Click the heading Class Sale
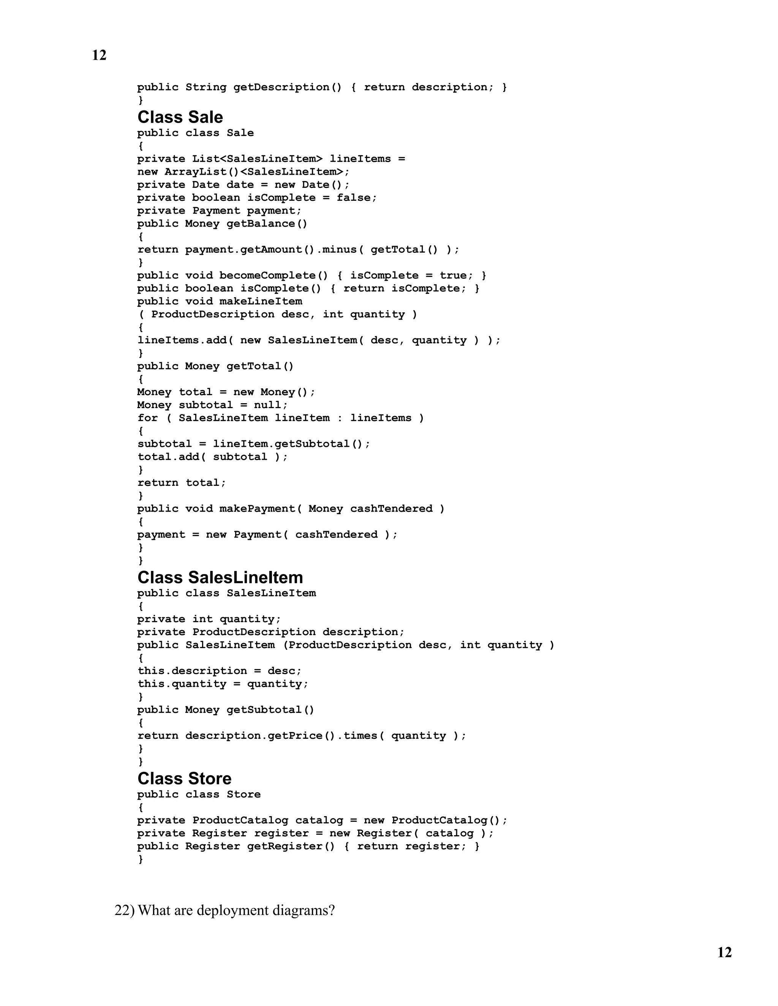(x=180, y=117)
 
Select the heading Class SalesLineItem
(x=220, y=578)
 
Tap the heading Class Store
(x=184, y=779)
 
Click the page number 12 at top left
(x=99, y=55)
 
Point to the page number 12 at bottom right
(x=724, y=952)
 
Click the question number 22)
(x=125, y=910)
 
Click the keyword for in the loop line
(x=147, y=418)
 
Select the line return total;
(x=182, y=483)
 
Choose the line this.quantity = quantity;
(x=223, y=684)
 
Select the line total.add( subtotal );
(x=212, y=457)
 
